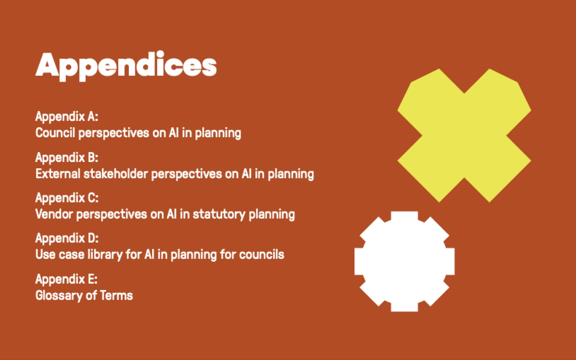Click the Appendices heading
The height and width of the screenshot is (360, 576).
tap(126, 66)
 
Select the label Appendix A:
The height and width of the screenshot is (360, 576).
tap(67, 117)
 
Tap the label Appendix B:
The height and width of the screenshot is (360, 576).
tap(67, 158)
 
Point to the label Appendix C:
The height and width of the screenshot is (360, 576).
tap(67, 198)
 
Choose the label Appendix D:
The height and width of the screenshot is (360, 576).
tap(67, 238)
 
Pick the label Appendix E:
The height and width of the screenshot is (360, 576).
tap(67, 279)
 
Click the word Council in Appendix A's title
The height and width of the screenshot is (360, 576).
tap(55, 132)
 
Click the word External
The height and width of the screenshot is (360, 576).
tap(58, 174)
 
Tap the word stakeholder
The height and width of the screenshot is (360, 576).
tap(116, 174)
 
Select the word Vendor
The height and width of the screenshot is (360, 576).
tap(54, 214)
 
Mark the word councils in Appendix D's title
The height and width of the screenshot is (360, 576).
tap(262, 255)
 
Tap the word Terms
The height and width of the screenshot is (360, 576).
tap(116, 295)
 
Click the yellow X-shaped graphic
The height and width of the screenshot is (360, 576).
tap(464, 135)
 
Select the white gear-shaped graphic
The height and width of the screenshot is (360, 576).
tap(404, 262)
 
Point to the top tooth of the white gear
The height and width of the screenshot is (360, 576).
tap(404, 216)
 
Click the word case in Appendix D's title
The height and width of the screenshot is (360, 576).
tap(71, 255)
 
